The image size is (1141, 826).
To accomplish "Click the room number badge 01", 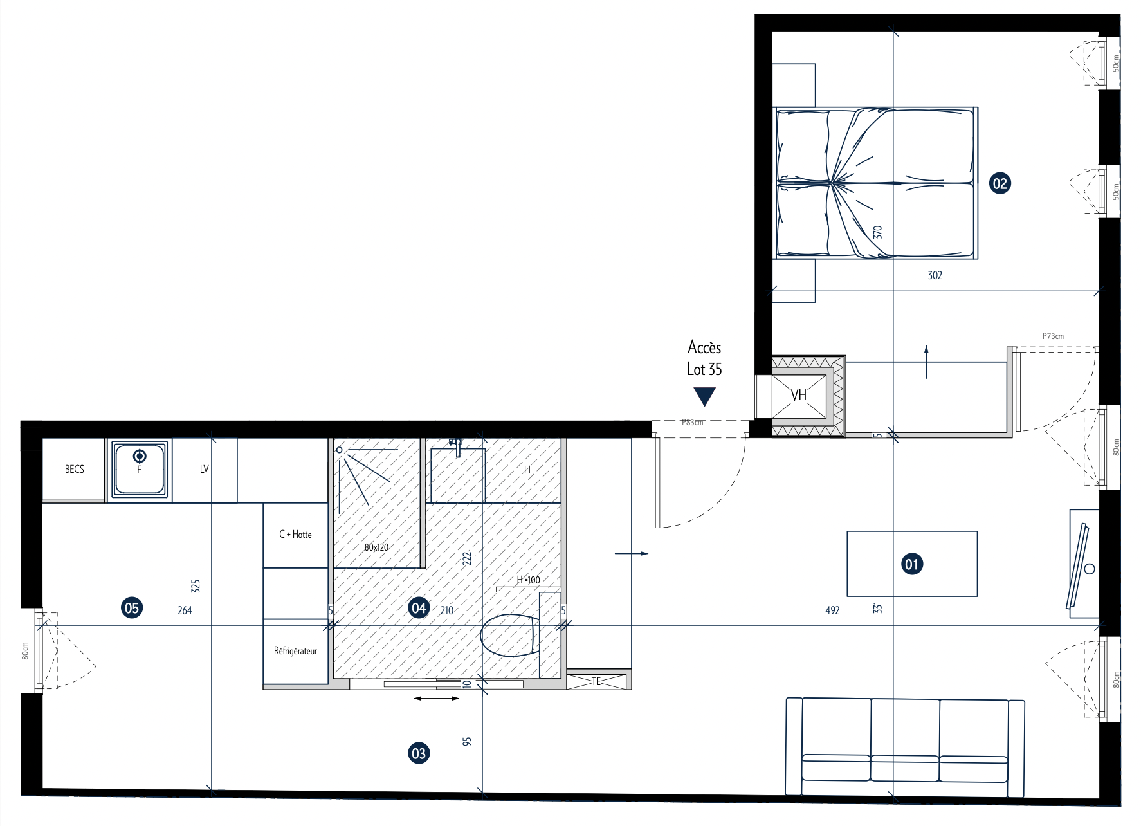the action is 911,564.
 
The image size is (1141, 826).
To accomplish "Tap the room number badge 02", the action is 1000,183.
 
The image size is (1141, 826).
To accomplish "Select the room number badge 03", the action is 418,753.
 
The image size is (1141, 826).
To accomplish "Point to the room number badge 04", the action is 419,608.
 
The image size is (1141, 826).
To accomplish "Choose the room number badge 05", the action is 132,608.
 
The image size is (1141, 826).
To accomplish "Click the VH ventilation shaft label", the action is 799,395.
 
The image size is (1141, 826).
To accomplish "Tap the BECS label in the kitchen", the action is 75,469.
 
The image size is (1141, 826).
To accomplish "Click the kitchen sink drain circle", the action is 140,456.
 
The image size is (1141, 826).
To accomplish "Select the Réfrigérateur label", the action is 295,651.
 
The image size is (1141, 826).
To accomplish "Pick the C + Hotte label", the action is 295,535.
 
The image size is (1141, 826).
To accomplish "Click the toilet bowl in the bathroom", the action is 509,635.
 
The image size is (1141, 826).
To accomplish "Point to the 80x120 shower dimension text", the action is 376,547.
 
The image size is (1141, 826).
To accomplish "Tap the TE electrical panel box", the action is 596,681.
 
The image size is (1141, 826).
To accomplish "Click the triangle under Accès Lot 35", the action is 705,396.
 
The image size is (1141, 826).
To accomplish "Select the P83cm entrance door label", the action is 693,423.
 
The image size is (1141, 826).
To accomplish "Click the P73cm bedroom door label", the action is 1053,336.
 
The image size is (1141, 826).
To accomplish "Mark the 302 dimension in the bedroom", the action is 935,275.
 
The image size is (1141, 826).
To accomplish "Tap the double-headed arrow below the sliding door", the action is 437,698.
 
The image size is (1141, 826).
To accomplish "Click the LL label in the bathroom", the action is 528,470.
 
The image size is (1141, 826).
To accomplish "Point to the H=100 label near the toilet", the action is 528,580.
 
